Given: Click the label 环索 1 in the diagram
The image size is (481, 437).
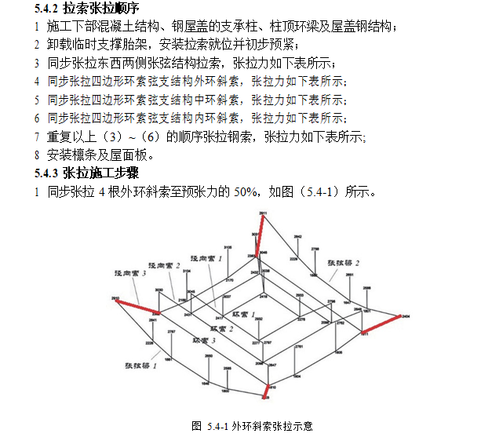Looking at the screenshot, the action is click(x=249, y=313).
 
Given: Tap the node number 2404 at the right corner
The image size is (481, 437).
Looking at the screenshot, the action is click(x=406, y=317).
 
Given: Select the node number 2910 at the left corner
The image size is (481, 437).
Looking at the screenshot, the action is click(x=115, y=297).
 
